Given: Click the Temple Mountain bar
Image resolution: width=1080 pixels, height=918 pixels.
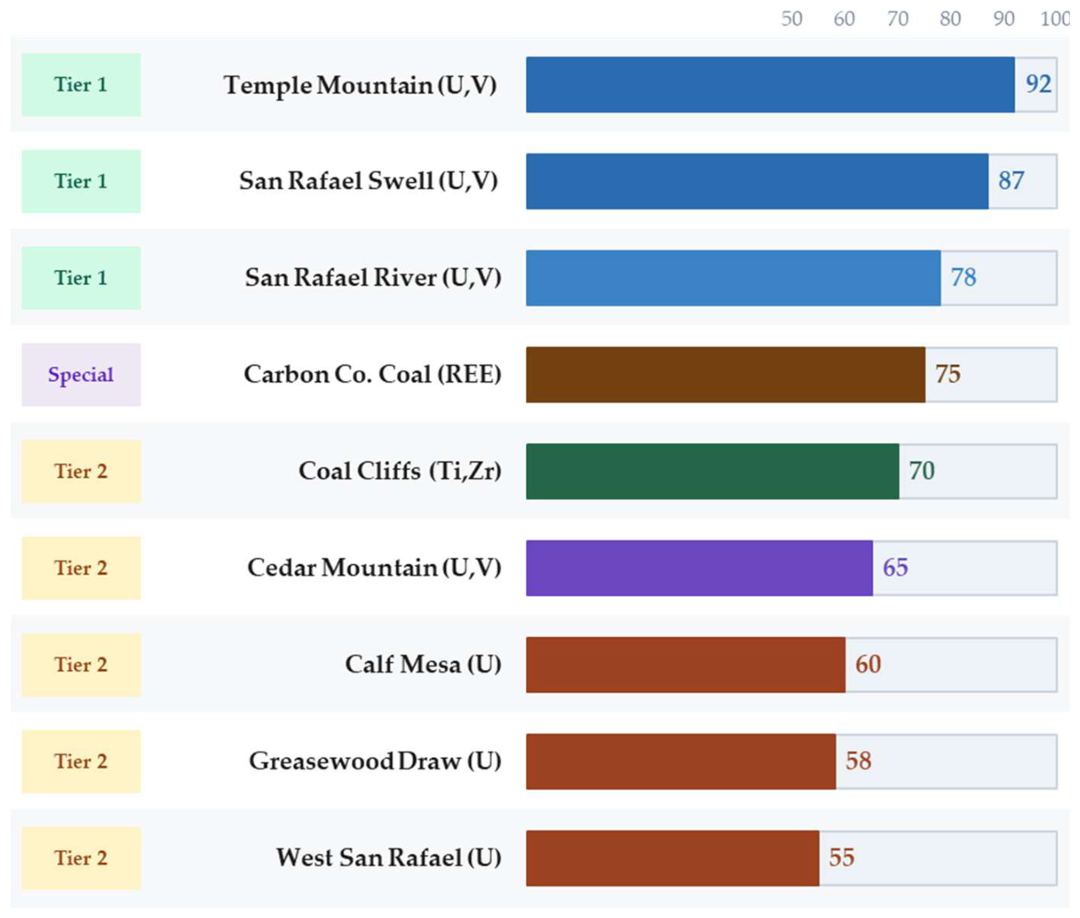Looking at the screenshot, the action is tap(770, 85).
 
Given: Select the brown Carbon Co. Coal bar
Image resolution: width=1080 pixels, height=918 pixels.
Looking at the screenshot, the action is tap(725, 374).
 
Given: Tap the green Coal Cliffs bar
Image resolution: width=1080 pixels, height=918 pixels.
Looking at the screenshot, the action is tap(712, 471).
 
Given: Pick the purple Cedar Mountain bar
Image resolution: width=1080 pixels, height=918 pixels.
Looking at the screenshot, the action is tap(699, 568).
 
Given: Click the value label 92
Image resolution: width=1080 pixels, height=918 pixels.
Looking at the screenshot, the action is tap(1038, 83).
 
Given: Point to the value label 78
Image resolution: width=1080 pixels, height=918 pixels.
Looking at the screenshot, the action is tap(963, 277).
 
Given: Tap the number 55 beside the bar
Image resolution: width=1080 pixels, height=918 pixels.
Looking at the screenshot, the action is tap(841, 858).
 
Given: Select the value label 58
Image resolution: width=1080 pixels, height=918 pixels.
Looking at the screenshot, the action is tap(858, 761).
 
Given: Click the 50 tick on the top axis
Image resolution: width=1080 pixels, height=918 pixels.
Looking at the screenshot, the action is tap(791, 19).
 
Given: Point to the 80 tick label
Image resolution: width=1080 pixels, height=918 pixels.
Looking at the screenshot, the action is tap(950, 19).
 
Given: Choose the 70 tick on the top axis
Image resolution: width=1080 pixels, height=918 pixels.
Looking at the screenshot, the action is tap(897, 19).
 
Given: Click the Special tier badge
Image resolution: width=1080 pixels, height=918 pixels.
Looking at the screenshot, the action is tap(81, 374).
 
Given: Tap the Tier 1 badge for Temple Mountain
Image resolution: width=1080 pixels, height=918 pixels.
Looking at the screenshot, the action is tap(81, 85).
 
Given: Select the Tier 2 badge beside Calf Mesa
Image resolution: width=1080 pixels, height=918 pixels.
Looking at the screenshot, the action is tap(81, 665).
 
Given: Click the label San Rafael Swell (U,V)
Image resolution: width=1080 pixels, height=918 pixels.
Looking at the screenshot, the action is tap(369, 181).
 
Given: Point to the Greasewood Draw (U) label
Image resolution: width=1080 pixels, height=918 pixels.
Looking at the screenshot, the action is tap(375, 761).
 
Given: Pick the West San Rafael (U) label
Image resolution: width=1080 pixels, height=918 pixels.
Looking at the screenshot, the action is tap(388, 858).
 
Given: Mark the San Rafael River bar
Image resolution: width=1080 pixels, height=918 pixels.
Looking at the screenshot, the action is tap(733, 278).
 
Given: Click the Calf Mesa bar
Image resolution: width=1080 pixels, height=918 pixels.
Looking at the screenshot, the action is tap(686, 665).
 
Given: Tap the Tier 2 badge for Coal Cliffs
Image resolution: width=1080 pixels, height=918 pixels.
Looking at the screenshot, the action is tap(81, 471).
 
